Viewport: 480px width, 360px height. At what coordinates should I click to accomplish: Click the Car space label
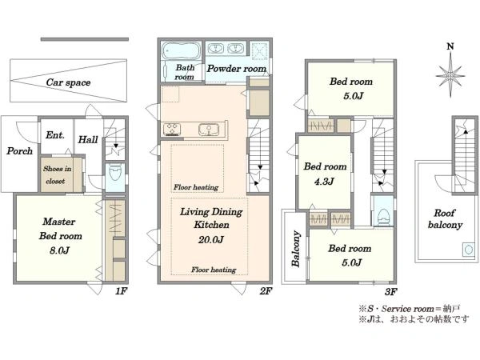point(68,82)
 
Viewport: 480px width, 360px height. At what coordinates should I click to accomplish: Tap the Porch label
point(19,151)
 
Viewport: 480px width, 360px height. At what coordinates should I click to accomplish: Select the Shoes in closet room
point(62,174)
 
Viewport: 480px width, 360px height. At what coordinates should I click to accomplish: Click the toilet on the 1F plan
point(115,174)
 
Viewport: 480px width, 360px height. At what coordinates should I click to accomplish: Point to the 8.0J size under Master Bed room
point(60,250)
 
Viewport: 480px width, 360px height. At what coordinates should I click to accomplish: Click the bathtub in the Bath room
point(181,50)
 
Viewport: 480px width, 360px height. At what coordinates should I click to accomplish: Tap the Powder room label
point(237,69)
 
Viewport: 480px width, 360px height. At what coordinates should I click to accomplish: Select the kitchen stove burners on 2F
point(172,129)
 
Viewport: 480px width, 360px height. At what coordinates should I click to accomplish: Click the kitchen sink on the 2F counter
point(209,130)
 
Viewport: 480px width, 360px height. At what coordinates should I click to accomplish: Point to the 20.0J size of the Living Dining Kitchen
point(211,239)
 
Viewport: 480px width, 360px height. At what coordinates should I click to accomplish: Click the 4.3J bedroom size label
point(324,182)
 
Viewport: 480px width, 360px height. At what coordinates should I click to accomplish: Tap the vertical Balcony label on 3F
point(296,249)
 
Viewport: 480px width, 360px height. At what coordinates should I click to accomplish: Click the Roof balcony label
point(445,219)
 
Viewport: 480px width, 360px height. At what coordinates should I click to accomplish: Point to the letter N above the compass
point(450,47)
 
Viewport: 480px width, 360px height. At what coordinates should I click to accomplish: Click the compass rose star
point(450,75)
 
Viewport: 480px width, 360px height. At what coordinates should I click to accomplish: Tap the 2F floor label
point(266,291)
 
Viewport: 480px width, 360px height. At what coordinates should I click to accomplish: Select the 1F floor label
point(121,291)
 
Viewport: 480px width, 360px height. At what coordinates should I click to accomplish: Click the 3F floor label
point(390,292)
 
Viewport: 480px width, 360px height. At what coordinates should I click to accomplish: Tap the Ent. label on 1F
point(55,135)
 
